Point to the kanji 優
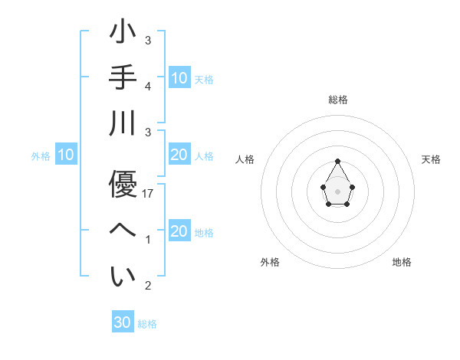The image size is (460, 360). pyautogui.click(x=123, y=184)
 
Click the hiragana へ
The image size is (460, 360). pyautogui.click(x=123, y=230)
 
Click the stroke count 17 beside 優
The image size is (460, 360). pyautogui.click(x=148, y=195)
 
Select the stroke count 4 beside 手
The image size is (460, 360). pyautogui.click(x=148, y=87)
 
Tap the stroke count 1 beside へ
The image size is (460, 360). pyautogui.click(x=148, y=241)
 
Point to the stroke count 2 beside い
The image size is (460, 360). pyautogui.click(x=148, y=286)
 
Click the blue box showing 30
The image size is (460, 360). pyautogui.click(x=123, y=322)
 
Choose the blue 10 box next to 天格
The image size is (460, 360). pyautogui.click(x=179, y=77)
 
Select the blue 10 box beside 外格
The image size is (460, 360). pyautogui.click(x=65, y=155)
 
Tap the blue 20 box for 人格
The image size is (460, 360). pyautogui.click(x=179, y=155)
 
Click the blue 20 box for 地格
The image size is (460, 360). pyautogui.click(x=179, y=232)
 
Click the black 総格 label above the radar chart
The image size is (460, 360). pyautogui.click(x=338, y=100)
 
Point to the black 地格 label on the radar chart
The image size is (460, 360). pyautogui.click(x=402, y=262)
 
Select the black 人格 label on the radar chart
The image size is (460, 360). pyautogui.click(x=245, y=159)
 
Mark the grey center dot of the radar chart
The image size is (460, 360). pyautogui.click(x=337, y=191)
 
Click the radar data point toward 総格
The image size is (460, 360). pyautogui.click(x=337, y=161)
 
